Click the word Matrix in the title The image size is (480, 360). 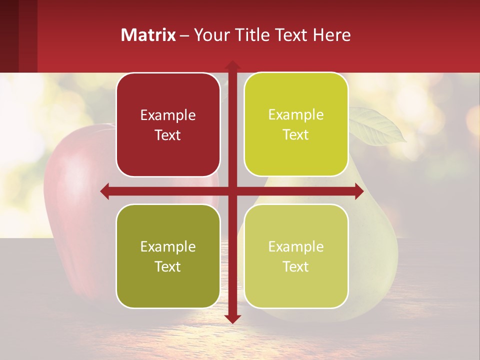coord(148,35)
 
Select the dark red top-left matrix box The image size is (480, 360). coord(168,150)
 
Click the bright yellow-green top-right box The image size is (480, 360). coord(296,155)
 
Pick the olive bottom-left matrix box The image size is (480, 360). coord(168,285)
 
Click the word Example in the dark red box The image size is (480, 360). coord(168,115)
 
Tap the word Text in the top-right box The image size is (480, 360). coord(296,135)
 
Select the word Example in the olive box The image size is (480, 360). coord(168,246)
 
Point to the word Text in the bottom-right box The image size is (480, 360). coord(296,266)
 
